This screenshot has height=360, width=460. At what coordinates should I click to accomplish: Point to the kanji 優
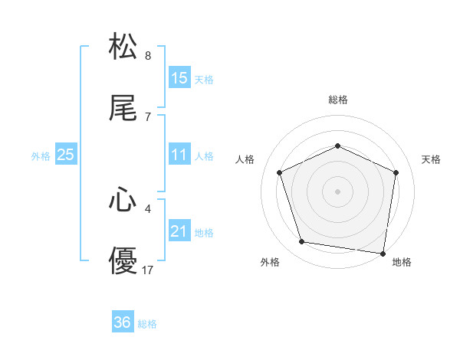(123, 261)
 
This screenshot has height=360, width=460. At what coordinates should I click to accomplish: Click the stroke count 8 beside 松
(148, 56)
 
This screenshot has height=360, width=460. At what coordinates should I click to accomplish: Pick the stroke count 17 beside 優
(148, 270)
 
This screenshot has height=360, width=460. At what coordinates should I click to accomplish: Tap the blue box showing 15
(179, 77)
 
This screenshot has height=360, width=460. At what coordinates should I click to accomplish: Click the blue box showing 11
(179, 155)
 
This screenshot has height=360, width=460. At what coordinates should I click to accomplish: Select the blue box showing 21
(179, 231)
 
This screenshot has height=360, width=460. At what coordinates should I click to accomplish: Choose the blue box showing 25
(65, 155)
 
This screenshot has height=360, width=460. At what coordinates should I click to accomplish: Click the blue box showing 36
(123, 322)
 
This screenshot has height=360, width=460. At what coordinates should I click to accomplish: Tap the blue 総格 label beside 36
(147, 324)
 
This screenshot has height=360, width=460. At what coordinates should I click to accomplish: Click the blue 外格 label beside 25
(41, 156)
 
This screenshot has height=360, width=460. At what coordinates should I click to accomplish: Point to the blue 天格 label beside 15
(204, 79)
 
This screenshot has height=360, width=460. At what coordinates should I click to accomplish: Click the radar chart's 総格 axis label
(337, 100)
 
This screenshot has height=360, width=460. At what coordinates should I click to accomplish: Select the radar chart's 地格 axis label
(402, 262)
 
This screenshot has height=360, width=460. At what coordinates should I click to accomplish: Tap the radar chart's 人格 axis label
(245, 159)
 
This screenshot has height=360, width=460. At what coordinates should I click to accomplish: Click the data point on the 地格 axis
(383, 253)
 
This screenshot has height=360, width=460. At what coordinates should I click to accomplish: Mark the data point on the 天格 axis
(396, 172)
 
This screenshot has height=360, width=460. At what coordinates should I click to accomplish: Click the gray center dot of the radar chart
(337, 191)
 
